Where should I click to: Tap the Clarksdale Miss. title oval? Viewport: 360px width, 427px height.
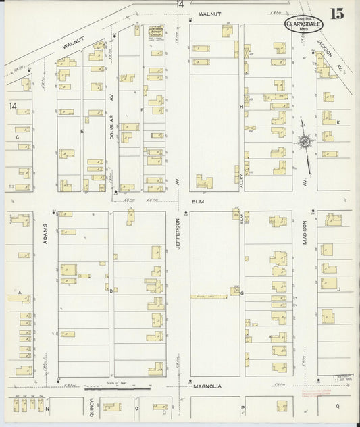303,26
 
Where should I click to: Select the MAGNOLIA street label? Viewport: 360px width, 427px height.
203,386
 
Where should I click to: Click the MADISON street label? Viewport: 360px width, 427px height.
305,232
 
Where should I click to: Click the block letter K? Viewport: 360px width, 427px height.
338,122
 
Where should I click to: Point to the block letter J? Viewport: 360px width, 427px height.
338,289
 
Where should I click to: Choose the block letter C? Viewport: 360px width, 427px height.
16,136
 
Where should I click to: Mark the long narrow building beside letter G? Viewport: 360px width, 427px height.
210,296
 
